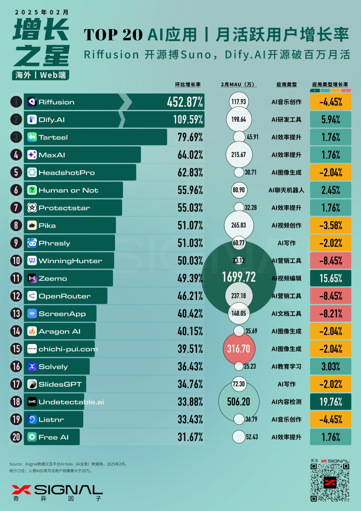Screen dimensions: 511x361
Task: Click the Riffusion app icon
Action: coord(32,102)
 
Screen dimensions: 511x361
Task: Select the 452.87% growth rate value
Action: coord(185,102)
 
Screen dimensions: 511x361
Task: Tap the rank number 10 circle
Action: coord(16,261)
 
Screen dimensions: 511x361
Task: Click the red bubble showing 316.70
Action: coord(239,349)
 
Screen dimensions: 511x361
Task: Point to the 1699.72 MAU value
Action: coord(239,277)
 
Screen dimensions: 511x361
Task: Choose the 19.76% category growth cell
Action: coord(331,401)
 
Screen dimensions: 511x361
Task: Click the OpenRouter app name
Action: coord(65,296)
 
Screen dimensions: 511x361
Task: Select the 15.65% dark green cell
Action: coord(331,278)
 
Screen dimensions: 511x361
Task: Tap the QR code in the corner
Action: coord(330,482)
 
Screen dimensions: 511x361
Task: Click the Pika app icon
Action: coord(32,225)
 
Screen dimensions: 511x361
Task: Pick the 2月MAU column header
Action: coord(238,84)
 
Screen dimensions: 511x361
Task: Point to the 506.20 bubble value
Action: coord(239,401)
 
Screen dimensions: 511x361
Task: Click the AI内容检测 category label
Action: coord(286,402)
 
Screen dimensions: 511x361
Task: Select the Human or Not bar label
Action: coord(69,190)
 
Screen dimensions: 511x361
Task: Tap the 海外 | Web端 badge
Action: coord(41,75)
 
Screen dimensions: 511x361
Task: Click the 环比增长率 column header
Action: coord(188,84)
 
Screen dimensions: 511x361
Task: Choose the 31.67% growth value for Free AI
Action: coord(190,437)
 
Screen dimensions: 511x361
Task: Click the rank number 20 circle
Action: coord(16,437)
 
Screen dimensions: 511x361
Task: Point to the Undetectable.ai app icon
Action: coord(32,402)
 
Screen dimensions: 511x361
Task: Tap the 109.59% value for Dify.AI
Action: coord(188,120)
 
